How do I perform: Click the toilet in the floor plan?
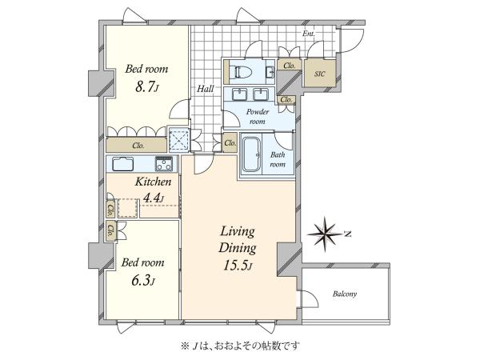242,73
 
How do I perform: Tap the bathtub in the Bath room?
252,154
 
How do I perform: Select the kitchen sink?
122,164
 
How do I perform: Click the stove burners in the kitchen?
164,163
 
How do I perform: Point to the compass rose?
324,234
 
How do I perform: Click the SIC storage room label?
319,74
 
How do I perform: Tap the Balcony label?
345,294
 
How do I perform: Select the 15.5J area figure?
238,266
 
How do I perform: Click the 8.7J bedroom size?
147,87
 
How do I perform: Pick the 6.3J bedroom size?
142,281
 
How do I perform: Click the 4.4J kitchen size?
154,198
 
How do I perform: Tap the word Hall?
206,89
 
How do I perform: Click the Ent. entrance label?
309,34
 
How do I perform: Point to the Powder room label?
258,116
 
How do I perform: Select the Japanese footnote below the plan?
240,346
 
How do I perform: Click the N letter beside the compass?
347,234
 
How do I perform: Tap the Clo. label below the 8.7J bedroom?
138,146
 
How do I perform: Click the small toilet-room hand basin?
270,72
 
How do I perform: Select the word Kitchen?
153,182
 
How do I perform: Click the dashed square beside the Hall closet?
179,140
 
